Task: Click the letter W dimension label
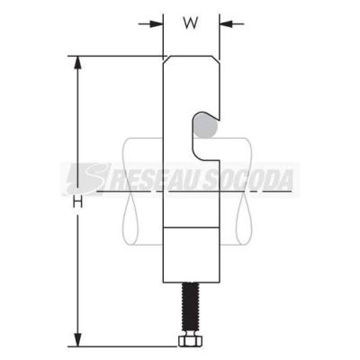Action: click(191, 23)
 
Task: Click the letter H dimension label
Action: click(77, 203)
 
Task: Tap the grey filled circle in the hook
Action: click(204, 126)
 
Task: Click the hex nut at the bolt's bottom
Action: click(191, 341)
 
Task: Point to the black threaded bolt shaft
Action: click(189, 309)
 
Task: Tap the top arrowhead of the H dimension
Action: click(77, 63)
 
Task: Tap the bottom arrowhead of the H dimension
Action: click(77, 339)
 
